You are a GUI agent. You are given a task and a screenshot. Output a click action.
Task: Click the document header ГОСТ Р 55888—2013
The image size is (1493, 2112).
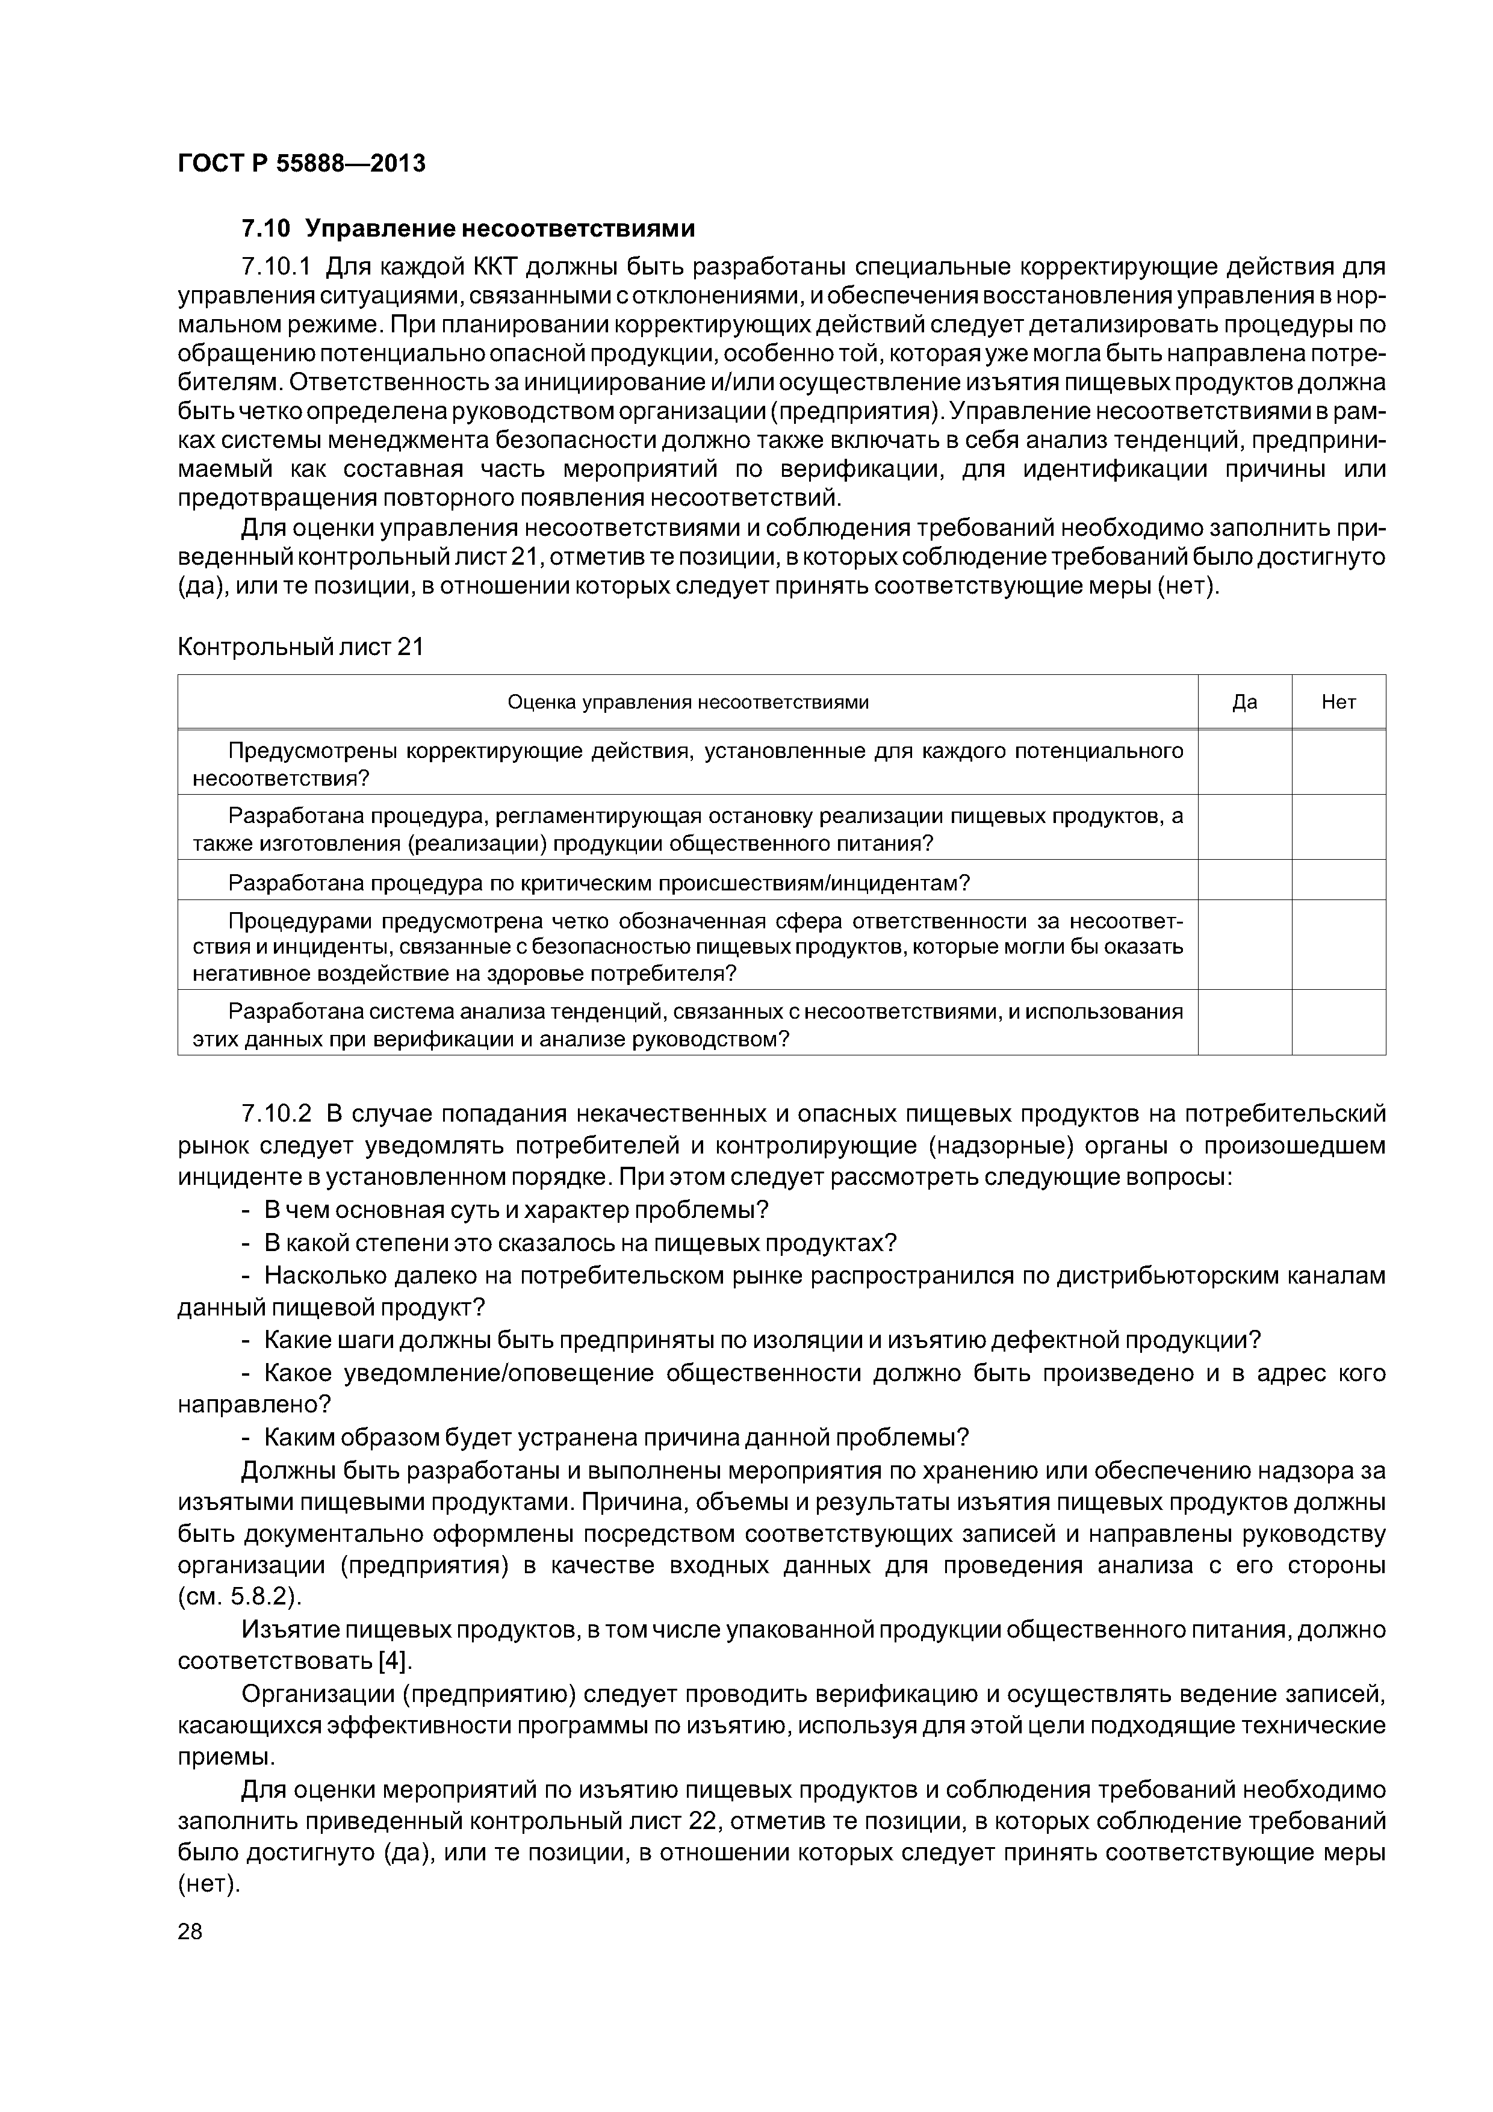pos(302,164)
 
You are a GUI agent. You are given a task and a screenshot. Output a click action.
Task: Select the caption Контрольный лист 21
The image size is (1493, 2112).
pos(300,648)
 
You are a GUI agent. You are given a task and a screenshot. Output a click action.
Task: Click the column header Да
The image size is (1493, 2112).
pos(1244,703)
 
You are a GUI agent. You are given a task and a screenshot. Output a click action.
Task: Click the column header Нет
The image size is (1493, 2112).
pos(1338,703)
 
